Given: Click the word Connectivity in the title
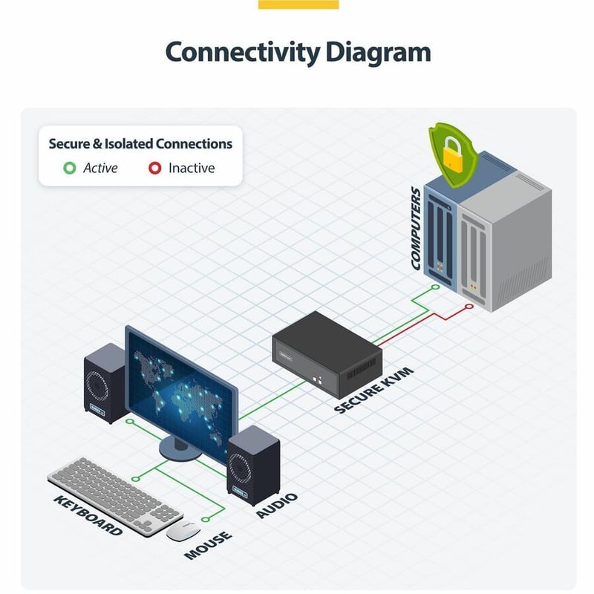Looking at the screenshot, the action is click(243, 52).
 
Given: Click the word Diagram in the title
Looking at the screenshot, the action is click(378, 52).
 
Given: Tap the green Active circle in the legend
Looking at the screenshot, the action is click(70, 168).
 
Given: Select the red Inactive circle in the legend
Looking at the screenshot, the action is click(154, 168).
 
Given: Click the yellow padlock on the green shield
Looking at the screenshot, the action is click(453, 154).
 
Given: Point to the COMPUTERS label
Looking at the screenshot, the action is click(417, 229).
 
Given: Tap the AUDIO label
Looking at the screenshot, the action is click(277, 506).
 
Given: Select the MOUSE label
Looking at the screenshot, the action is click(208, 545).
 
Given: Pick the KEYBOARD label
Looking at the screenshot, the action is click(88, 515).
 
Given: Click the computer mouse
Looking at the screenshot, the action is click(183, 531).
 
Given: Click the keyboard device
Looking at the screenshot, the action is click(115, 496).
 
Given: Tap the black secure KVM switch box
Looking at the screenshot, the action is click(327, 354).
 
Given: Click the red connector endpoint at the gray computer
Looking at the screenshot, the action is click(469, 306).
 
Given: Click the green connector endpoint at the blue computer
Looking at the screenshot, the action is click(436, 287).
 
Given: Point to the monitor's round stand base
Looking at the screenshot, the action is click(180, 449).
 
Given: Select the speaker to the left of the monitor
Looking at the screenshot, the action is click(105, 383).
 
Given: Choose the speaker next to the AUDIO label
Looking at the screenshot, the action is click(253, 466).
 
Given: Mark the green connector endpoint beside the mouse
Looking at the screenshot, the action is click(206, 519).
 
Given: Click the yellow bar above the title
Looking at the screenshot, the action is click(298, 4).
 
